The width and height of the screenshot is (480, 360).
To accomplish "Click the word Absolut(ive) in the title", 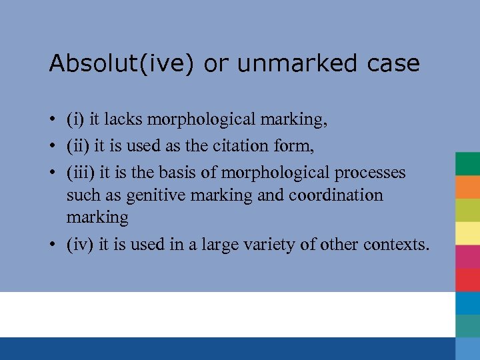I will coord(123,63).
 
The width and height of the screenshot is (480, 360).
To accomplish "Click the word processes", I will coord(370,173).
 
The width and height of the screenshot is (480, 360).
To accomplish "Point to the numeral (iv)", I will coord(80,245).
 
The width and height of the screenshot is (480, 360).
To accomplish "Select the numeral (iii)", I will coord(81,173).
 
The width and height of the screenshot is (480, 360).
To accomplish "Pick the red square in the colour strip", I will coord(467,279).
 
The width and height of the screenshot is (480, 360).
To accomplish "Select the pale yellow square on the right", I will coord(467,233).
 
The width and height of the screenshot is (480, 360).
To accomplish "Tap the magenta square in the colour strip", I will coord(467,257).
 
